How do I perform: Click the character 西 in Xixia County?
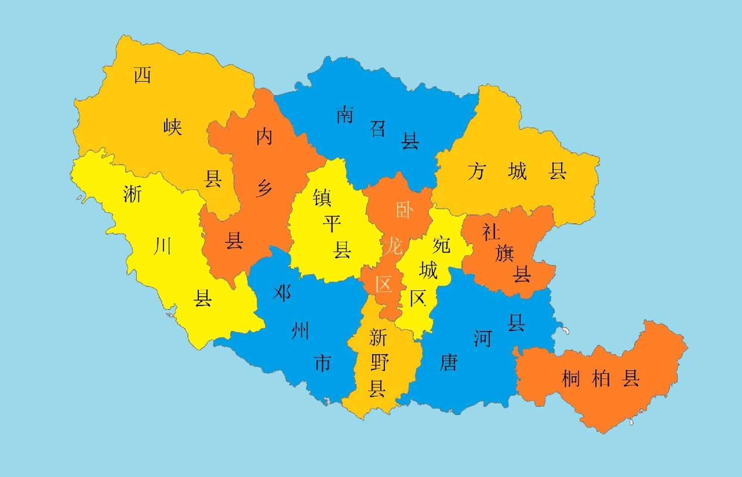(142, 75)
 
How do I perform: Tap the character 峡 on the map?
(173, 127)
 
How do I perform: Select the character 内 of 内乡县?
(264, 137)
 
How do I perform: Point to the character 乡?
(264, 188)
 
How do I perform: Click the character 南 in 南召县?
(345, 114)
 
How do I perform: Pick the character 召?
(378, 128)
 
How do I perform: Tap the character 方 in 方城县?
(477, 172)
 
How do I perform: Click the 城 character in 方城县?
(517, 172)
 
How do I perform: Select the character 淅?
(132, 194)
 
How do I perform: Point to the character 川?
(162, 246)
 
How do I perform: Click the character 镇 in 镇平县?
(322, 197)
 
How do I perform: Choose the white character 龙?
(393, 246)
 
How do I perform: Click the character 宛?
(442, 245)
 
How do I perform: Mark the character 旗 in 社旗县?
(505, 253)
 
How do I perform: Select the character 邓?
(282, 293)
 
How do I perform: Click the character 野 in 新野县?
(379, 363)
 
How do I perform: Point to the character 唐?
(448, 362)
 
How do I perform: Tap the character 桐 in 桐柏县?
(571, 379)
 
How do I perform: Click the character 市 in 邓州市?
(323, 363)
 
